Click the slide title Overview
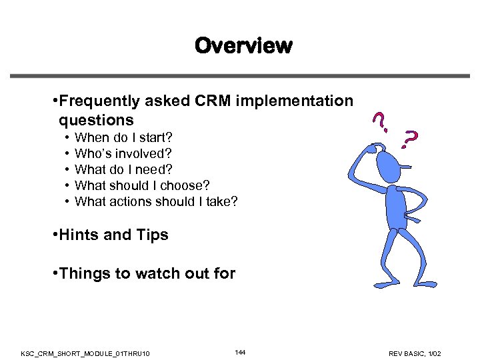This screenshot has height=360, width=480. click(x=243, y=46)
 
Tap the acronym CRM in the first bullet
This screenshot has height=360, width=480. click(x=211, y=101)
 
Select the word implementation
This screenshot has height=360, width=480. click(x=297, y=101)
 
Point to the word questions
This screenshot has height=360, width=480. click(x=96, y=121)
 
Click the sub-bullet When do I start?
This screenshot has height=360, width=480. click(x=123, y=138)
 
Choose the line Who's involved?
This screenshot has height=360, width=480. click(x=123, y=154)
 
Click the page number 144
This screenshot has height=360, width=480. click(x=240, y=351)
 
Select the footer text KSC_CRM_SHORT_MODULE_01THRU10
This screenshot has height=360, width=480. click(x=85, y=352)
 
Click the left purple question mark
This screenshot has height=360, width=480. click(x=379, y=120)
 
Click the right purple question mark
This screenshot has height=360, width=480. click(x=411, y=138)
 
